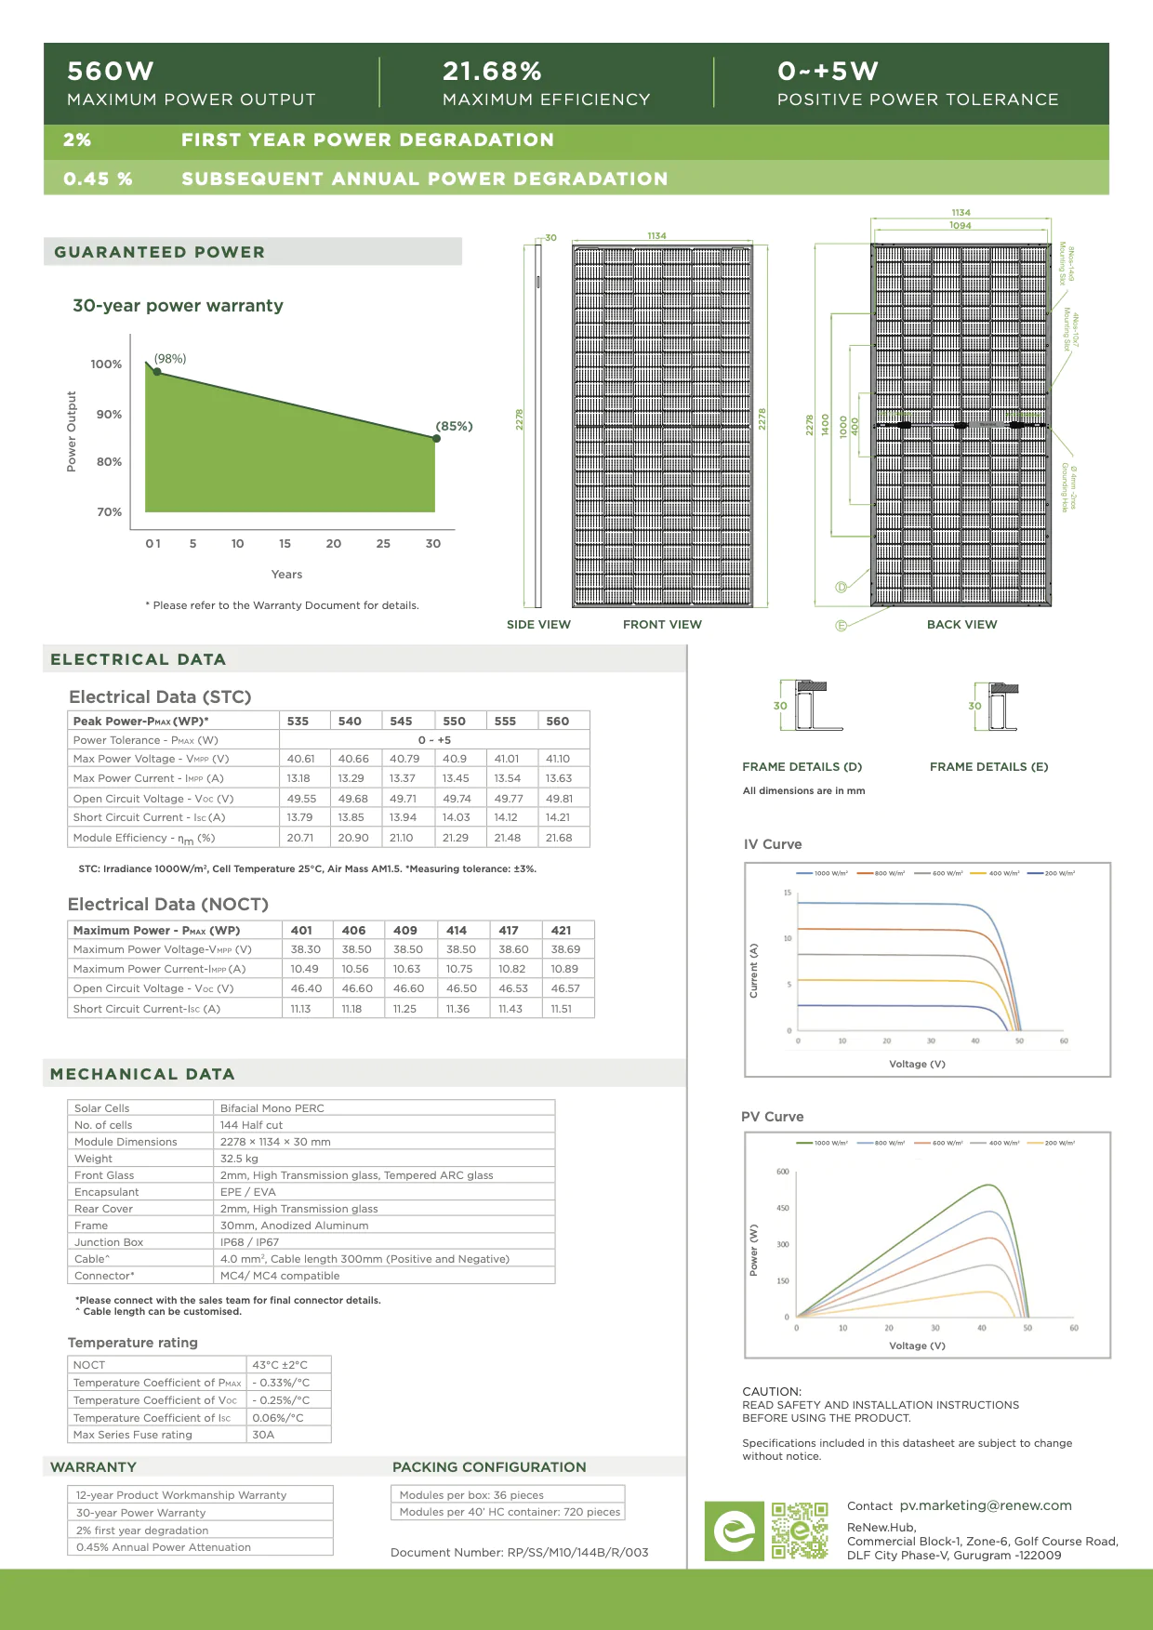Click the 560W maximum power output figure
coord(111,72)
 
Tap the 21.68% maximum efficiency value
coord(492,72)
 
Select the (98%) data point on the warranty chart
coord(157,372)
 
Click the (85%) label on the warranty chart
coord(455,426)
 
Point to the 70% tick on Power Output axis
coord(109,512)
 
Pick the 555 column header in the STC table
coord(505,721)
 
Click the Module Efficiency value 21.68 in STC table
coord(559,838)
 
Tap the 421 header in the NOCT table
coord(561,930)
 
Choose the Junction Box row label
coord(109,1242)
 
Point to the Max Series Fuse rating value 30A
coord(263,1435)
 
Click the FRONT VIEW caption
coord(662,625)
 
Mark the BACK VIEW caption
coord(961,625)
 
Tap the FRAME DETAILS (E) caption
coord(988,767)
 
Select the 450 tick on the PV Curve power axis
coord(782,1208)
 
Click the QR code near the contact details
coord(800,1531)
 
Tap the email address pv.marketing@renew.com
coord(985,1505)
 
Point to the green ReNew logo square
coord(734,1531)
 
